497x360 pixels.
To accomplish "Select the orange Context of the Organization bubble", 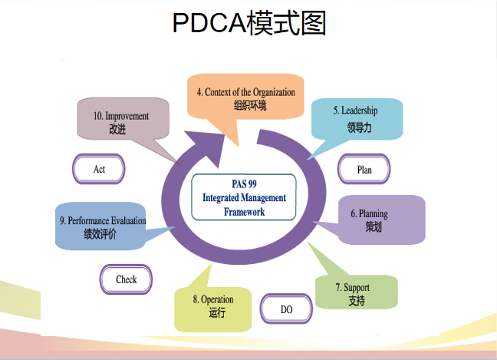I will click(x=245, y=96).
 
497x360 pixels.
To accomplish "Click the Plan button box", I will click(x=364, y=170).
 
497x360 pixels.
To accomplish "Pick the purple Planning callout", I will click(x=381, y=220).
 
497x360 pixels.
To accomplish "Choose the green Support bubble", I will click(x=357, y=292).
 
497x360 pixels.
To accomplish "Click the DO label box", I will click(x=286, y=309).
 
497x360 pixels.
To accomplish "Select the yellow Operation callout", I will click(x=213, y=306).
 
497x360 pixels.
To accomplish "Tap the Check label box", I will click(x=127, y=279).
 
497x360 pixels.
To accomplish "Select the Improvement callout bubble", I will click(x=121, y=122).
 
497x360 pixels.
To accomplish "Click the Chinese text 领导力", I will click(x=358, y=127).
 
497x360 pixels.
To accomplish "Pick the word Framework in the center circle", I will click(x=244, y=211).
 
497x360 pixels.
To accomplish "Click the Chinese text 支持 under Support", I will click(x=356, y=300).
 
